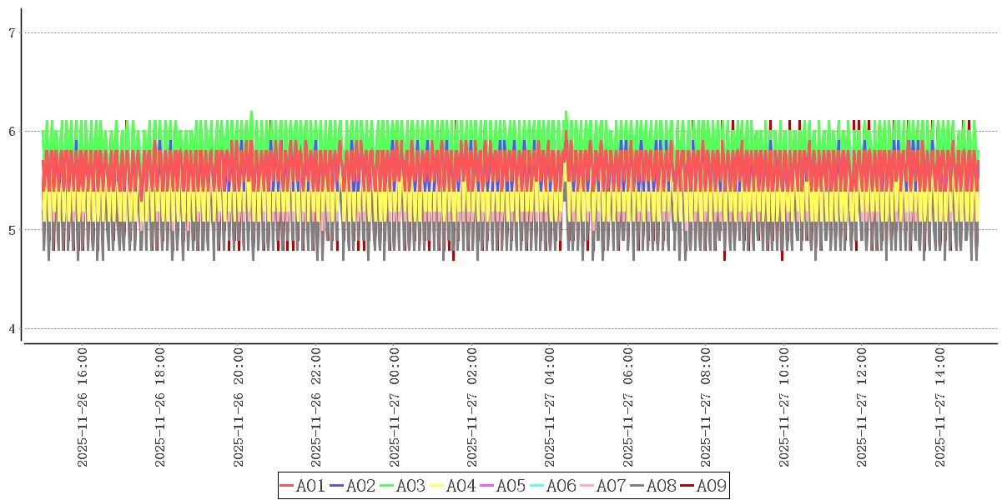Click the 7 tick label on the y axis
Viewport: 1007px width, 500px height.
pyautogui.click(x=12, y=33)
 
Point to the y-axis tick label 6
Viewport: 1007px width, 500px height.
pyautogui.click(x=12, y=132)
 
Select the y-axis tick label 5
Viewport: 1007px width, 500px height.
pyautogui.click(x=12, y=230)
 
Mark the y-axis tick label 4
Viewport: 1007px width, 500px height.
pyautogui.click(x=12, y=329)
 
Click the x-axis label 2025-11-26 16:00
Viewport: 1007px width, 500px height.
pyautogui.click(x=83, y=407)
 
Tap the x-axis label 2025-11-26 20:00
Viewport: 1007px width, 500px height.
pyautogui.click(x=239, y=407)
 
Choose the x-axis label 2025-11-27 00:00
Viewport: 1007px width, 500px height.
pyautogui.click(x=395, y=407)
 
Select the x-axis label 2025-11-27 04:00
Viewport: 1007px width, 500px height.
pyautogui.click(x=551, y=407)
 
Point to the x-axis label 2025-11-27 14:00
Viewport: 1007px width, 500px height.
pyautogui.click(x=940, y=407)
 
